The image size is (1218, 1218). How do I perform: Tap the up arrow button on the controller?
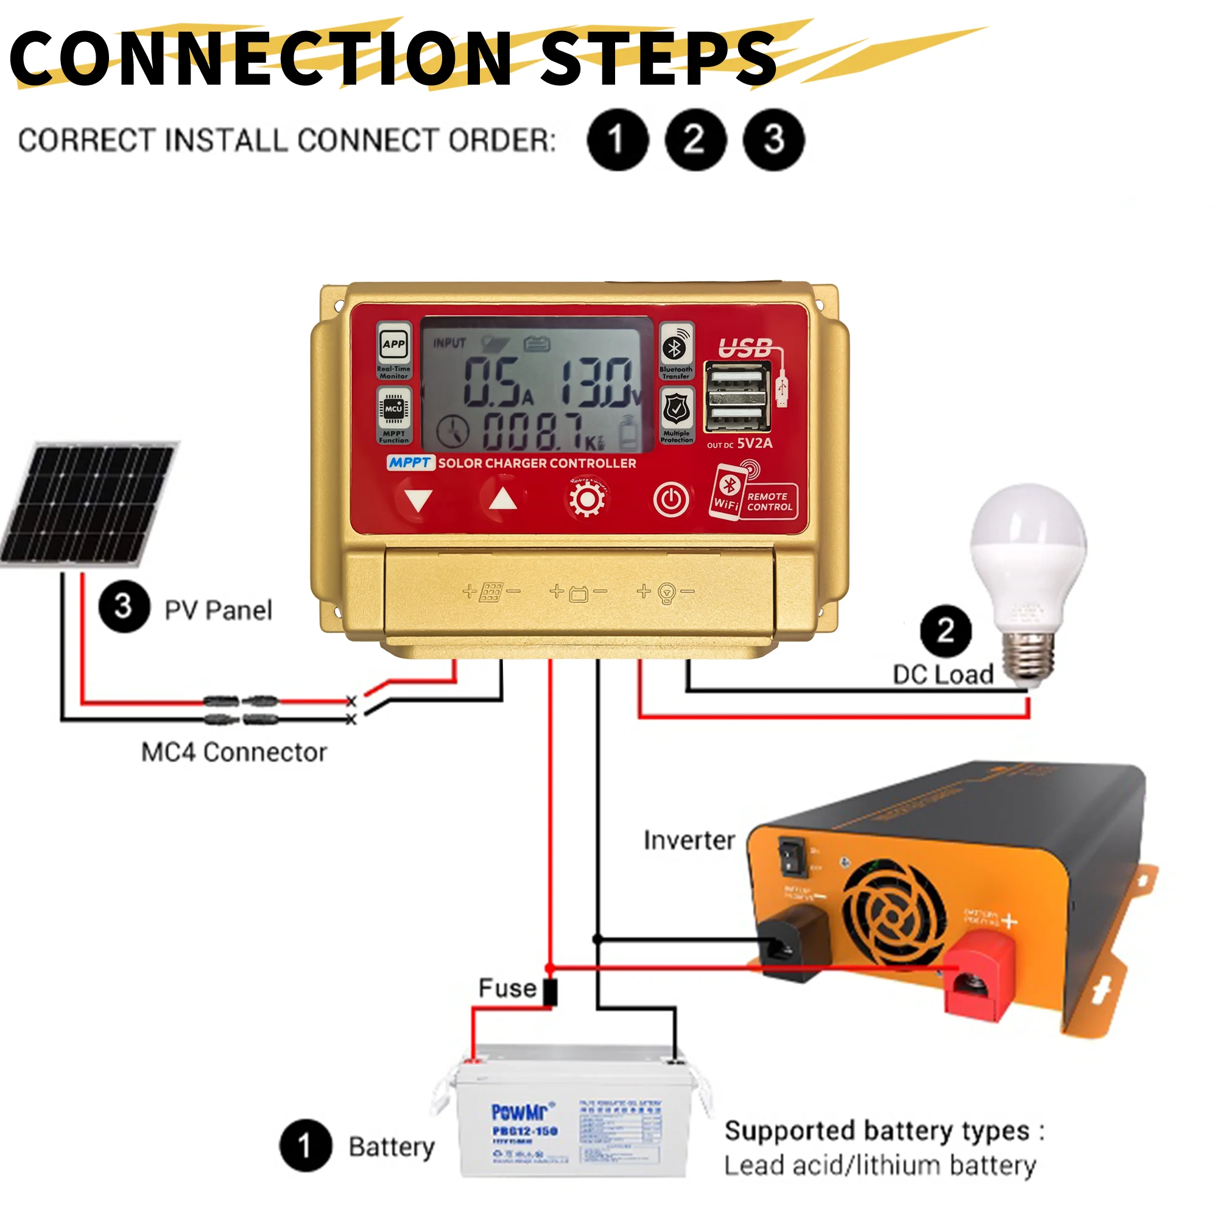(x=502, y=499)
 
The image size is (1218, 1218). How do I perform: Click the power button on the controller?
(x=671, y=500)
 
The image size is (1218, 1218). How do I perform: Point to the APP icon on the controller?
(x=394, y=344)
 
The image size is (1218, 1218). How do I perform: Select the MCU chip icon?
(x=394, y=409)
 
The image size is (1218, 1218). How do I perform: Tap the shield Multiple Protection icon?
(x=676, y=409)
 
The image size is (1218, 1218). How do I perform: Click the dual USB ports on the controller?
(x=736, y=398)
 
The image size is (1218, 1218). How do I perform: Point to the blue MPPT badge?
(x=410, y=463)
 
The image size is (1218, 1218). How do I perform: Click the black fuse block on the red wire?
(x=551, y=991)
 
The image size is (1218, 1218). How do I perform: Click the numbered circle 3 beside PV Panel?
(x=124, y=607)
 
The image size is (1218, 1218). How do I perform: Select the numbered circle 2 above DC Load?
(x=945, y=630)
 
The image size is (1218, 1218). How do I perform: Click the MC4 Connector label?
(x=234, y=752)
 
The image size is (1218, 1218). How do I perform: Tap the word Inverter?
(x=689, y=840)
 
